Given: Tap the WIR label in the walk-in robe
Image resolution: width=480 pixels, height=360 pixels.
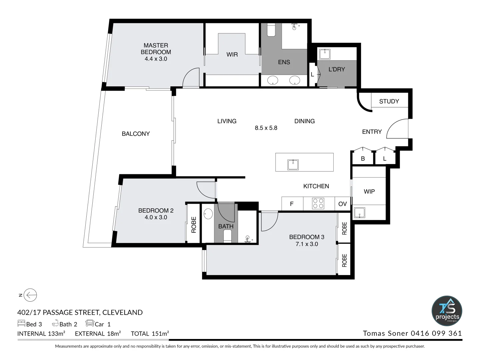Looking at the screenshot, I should click(232, 54).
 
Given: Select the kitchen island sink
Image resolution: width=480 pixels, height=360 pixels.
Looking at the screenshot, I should click(293, 165).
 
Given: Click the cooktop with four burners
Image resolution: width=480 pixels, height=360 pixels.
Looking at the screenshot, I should click(318, 203).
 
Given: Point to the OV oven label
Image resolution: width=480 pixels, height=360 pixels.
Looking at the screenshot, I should click(342, 204).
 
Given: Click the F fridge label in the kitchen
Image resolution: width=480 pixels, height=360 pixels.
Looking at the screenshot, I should click(292, 204).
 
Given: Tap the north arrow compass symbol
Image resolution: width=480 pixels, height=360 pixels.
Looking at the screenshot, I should click(31, 295).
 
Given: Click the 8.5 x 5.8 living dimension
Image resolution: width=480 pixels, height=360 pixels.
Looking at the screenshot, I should click(266, 128).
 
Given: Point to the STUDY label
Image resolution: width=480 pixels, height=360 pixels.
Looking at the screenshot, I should click(389, 101).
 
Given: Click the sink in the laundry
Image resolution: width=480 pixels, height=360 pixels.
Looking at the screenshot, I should click(324, 54).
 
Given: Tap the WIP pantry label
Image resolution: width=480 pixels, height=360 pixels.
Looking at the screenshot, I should click(369, 191).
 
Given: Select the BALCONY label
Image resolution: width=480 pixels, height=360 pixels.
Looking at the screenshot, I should click(136, 134).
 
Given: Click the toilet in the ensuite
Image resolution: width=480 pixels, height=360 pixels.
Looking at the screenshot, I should click(271, 30).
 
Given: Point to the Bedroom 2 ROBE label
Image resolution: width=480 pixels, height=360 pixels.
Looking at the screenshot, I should click(194, 225).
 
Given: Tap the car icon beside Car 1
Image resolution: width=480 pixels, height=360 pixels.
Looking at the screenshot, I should click(90, 323).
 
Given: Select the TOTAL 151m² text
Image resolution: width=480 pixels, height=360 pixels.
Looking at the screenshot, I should click(150, 333).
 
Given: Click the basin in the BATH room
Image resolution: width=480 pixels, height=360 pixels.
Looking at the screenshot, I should click(208, 214).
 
